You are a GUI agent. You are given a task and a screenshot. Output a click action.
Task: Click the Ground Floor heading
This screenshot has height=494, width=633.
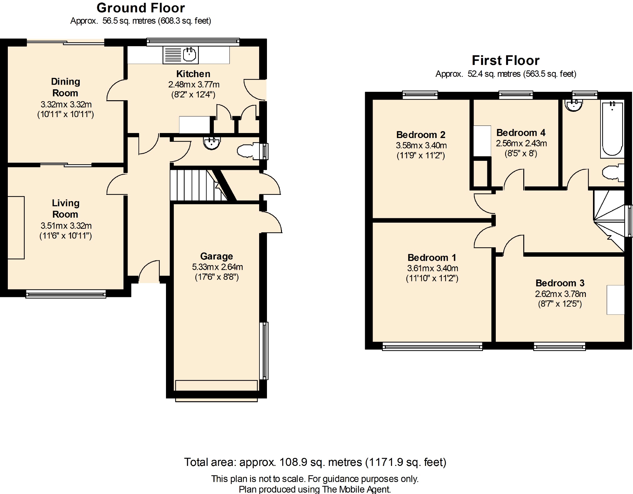tap(141, 8)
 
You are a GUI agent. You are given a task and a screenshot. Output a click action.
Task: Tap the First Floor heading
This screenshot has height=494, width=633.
tap(506, 60)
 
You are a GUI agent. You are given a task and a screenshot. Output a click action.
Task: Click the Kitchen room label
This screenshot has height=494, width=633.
tap(193, 74)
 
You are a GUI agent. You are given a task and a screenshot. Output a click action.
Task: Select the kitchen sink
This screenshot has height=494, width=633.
tap(180, 55)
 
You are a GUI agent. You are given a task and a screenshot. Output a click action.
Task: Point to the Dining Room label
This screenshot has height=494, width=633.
tap(65, 87)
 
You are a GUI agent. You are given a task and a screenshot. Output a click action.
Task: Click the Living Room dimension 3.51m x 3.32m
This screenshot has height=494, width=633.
tap(66, 225)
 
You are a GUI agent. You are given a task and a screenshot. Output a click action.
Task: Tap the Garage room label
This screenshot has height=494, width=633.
tap(217, 256)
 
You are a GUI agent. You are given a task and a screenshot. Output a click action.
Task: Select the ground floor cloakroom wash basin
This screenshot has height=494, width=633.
tap(212, 143)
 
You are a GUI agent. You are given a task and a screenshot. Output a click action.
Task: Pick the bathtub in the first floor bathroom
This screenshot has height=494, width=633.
tap(612, 129)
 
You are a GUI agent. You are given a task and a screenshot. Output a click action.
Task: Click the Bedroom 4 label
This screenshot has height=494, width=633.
tap(521, 133)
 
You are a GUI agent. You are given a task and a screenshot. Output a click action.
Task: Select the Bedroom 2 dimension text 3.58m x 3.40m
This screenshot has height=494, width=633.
tap(421, 145)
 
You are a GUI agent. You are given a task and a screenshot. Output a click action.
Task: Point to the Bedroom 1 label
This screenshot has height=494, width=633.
tap(432, 258)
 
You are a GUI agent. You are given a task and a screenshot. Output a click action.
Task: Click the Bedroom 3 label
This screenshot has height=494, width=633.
tap(560, 283)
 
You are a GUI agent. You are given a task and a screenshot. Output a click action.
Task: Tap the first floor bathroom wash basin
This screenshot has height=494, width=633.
tap(574, 105)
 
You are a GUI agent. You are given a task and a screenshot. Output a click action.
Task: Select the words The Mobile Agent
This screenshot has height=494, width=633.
tap(356, 489)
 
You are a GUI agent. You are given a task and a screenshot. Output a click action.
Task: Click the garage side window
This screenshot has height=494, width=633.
tap(264, 351)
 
